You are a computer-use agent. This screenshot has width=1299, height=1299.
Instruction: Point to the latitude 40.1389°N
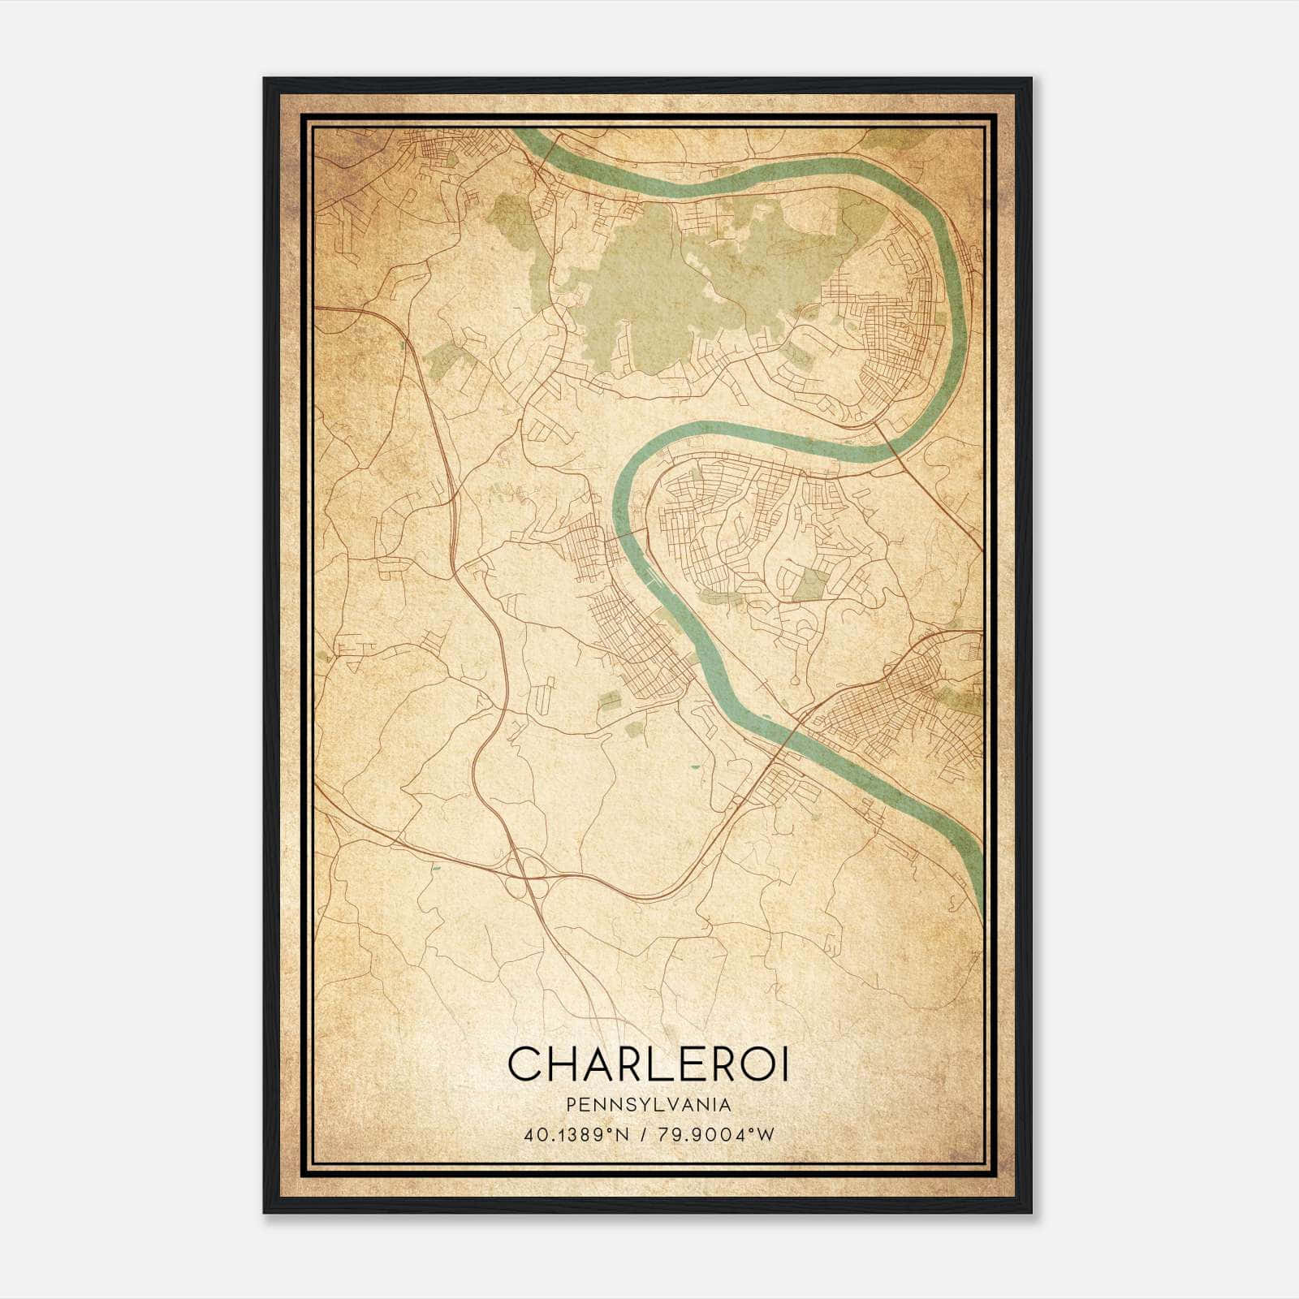[576, 1134]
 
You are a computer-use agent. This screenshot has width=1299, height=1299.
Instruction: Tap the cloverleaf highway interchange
[533, 867]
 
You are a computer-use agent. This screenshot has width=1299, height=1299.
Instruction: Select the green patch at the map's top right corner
[885, 139]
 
